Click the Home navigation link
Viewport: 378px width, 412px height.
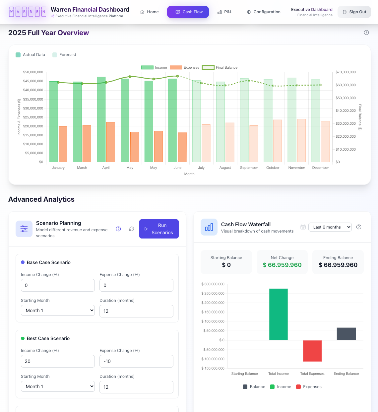point(149,12)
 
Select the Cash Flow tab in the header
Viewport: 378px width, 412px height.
point(188,12)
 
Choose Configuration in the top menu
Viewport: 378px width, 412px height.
point(263,12)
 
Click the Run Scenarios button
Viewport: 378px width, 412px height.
point(159,229)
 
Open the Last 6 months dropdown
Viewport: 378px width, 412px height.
point(330,227)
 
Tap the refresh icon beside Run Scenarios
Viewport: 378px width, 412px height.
point(132,229)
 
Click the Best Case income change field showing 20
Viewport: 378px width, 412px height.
point(58,361)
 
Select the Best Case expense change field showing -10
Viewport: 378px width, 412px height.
point(136,361)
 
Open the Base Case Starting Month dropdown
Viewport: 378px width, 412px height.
point(58,310)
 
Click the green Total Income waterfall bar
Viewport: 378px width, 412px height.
point(279,314)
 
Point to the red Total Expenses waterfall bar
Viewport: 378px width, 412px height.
point(312,351)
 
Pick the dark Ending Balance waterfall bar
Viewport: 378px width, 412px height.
point(346,334)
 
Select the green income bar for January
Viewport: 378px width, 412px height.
point(53,121)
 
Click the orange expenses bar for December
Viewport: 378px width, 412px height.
point(325,142)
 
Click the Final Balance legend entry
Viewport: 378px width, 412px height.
point(220,67)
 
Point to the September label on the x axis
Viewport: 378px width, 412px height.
point(249,168)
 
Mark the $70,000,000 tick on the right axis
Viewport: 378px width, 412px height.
point(346,72)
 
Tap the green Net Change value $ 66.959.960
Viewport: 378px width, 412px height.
point(282,265)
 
